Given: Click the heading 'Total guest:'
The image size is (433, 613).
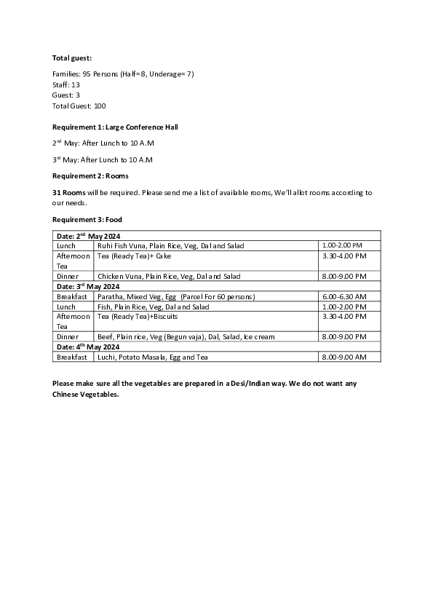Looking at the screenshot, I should [72, 58].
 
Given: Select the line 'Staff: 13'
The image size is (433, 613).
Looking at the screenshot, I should [66, 84].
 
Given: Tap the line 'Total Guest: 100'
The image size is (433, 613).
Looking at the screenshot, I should [79, 106].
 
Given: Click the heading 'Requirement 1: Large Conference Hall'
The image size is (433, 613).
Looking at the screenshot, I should [115, 127].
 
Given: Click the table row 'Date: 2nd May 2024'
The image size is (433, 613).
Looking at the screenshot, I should [89, 236].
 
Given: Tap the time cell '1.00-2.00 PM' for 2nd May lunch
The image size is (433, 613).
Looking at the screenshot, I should [342, 246].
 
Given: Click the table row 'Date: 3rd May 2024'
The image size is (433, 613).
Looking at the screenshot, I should [89, 287].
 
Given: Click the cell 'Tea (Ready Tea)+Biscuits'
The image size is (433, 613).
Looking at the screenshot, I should [138, 317].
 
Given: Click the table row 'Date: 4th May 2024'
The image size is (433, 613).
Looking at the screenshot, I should [89, 347].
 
